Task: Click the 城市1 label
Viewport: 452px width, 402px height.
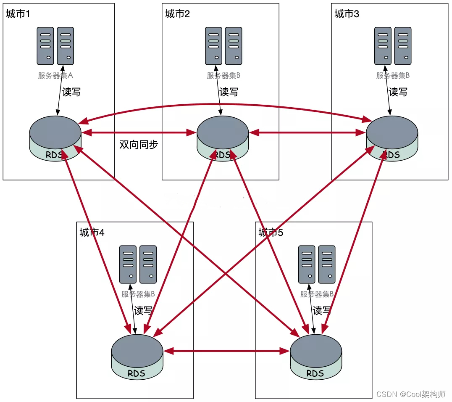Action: point(18,14)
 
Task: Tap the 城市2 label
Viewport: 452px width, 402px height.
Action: point(177,14)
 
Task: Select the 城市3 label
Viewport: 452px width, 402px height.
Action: point(347,14)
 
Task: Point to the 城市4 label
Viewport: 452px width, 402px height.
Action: point(92,233)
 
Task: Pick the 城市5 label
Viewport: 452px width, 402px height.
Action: point(271,233)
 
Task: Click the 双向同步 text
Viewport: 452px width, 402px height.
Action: point(139,145)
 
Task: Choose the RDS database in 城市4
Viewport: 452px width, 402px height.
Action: point(137,355)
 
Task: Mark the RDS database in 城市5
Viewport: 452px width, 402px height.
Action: point(316,355)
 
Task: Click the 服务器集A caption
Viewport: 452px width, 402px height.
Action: point(55,76)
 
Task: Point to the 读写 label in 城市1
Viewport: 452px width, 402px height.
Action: point(71,92)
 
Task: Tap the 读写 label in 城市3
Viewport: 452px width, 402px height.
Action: point(398,92)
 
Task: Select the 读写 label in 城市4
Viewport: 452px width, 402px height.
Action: point(143,311)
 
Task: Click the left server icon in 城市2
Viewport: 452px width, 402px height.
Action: point(213,46)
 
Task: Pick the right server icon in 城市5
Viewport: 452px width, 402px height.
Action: point(327,264)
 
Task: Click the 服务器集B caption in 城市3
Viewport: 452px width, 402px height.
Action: point(393,76)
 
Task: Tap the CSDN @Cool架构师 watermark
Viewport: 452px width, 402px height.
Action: point(411,394)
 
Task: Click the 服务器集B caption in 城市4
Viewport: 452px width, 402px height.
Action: point(138,294)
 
